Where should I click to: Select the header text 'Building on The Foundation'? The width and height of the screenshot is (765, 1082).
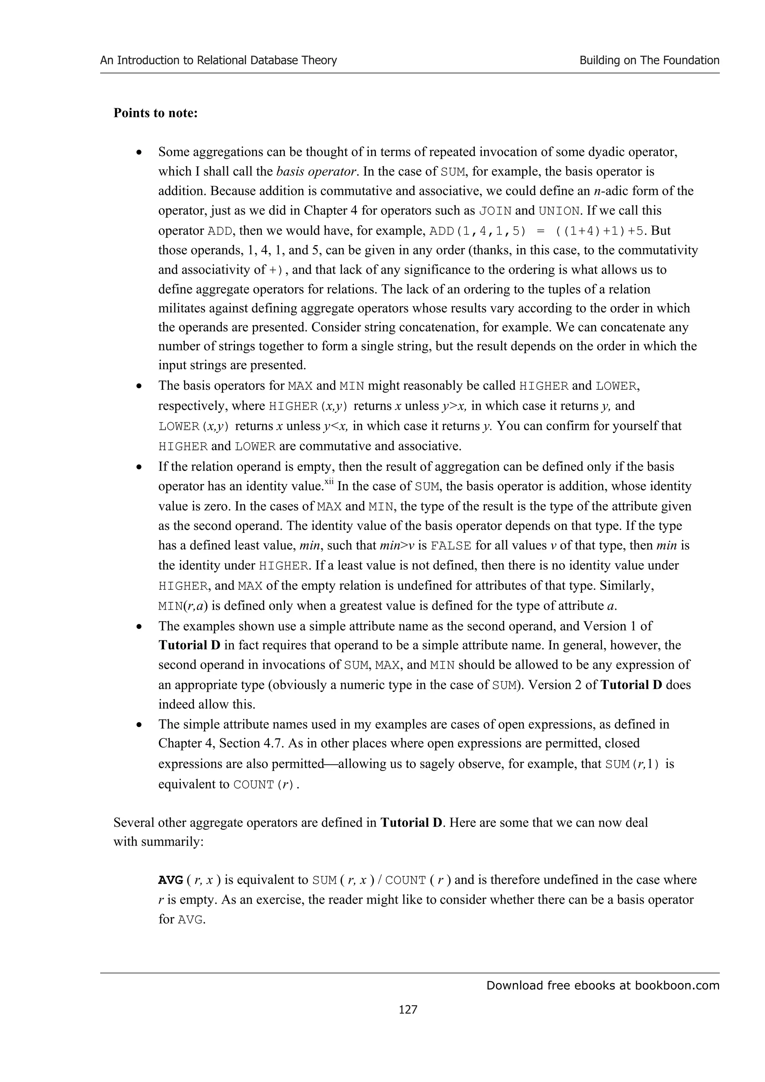click(649, 60)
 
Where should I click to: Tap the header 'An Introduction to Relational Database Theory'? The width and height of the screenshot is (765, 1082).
click(218, 60)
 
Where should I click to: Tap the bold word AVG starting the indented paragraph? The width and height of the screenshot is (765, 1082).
click(170, 880)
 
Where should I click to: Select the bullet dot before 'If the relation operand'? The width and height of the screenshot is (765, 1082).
click(139, 467)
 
